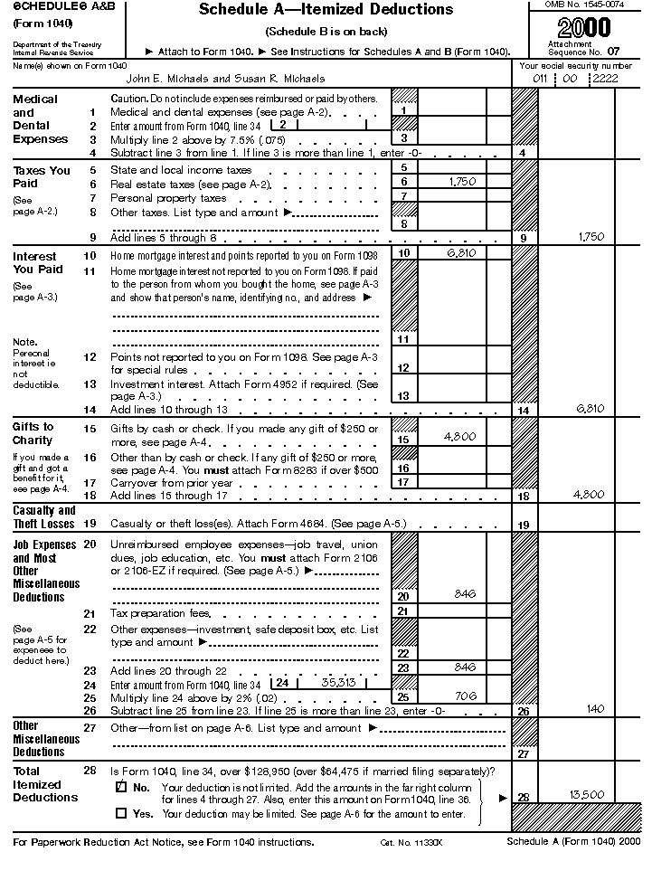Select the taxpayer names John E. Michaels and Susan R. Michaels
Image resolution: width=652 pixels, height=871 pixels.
click(218, 79)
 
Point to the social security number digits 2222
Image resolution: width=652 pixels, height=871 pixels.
click(605, 80)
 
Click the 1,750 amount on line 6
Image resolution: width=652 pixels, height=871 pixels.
click(462, 182)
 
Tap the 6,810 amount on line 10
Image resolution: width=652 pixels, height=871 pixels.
click(461, 253)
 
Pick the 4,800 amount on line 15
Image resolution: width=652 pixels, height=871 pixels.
click(460, 437)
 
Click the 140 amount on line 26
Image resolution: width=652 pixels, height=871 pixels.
click(594, 709)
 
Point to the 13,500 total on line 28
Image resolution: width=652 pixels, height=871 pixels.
click(587, 794)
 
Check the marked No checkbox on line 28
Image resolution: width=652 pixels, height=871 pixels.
click(122, 787)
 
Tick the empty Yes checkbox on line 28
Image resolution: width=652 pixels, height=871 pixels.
click(122, 812)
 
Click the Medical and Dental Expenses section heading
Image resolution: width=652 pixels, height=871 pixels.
click(40, 119)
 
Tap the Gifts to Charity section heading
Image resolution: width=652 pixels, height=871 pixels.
click(33, 433)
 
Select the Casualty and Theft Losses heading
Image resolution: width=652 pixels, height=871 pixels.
click(43, 516)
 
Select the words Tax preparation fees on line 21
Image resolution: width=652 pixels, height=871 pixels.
click(159, 613)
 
